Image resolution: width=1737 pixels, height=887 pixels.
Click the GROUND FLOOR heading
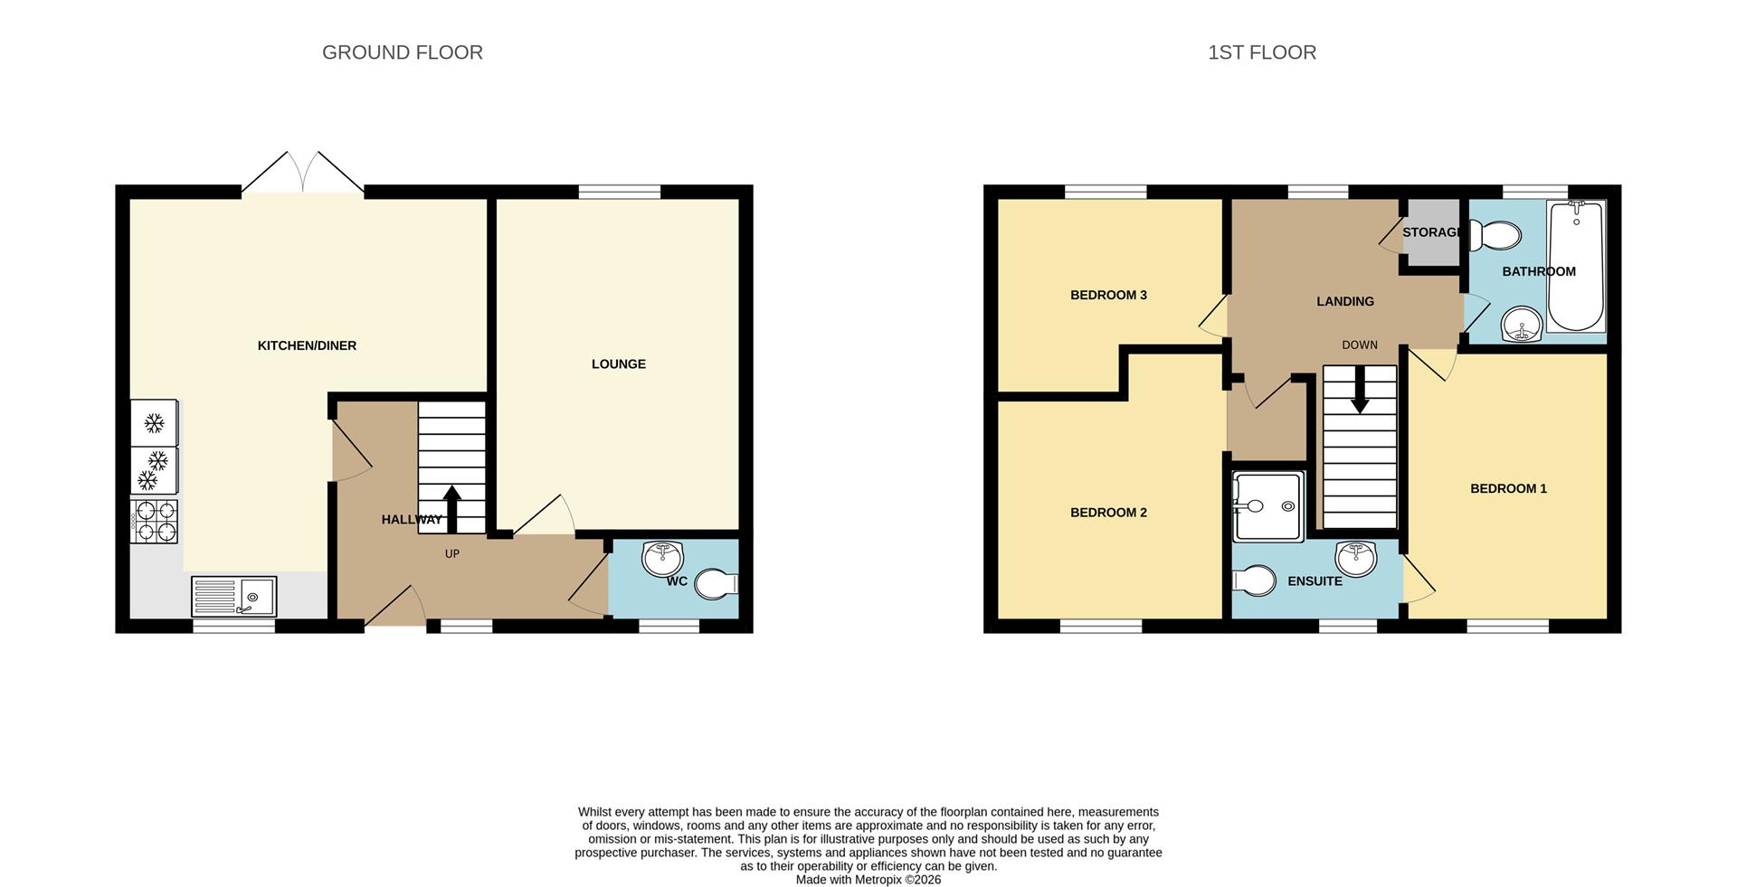tap(402, 52)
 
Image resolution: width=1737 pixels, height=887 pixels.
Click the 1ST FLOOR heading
tap(1261, 52)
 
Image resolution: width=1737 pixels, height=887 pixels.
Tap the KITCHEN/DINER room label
tap(307, 345)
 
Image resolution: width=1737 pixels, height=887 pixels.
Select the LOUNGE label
tap(618, 364)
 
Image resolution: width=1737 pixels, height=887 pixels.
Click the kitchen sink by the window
tap(234, 597)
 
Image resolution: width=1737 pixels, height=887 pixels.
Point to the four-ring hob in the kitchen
tap(155, 522)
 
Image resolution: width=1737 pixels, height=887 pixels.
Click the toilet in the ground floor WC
tap(717, 584)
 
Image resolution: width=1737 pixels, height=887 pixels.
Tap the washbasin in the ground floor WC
tap(662, 559)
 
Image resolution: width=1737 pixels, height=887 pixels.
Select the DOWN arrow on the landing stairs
tap(1359, 393)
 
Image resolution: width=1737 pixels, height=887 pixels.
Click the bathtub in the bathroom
tap(1576, 267)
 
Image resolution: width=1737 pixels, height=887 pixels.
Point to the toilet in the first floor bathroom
tap(1495, 237)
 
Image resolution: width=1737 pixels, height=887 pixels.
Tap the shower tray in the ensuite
tap(1267, 506)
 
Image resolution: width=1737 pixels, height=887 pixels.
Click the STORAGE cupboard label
tap(1430, 232)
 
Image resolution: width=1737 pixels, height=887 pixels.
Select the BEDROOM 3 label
tap(1108, 295)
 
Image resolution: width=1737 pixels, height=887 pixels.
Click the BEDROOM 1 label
tap(1508, 489)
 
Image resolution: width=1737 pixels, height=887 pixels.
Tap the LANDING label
tap(1344, 301)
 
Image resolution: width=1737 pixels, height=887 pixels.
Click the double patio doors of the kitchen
tap(303, 175)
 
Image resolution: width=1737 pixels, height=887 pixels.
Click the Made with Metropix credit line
tap(868, 880)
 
